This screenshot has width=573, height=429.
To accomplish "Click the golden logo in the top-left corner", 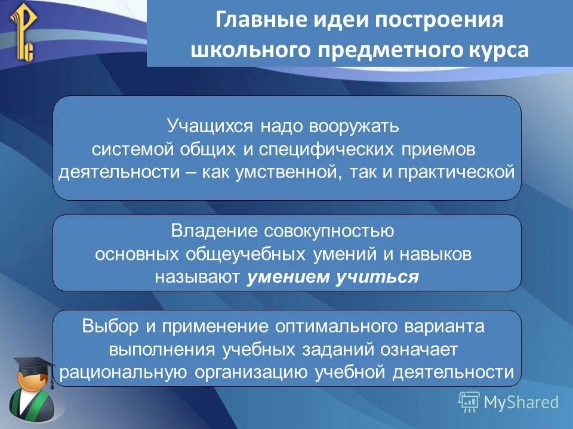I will click(x=23, y=33).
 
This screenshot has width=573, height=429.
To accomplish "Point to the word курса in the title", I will click(x=497, y=50).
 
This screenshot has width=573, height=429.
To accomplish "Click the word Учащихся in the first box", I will click(x=210, y=126).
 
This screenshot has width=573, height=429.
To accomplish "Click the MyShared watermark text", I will click(x=520, y=403).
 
